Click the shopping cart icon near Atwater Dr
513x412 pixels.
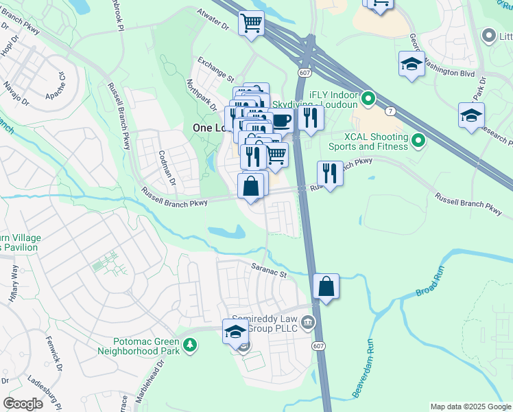pyautogui.click(x=252, y=23)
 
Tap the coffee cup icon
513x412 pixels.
pyautogui.click(x=281, y=120)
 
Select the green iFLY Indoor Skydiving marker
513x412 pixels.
pyautogui.click(x=368, y=100)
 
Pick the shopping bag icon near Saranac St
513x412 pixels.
pyautogui.click(x=327, y=286)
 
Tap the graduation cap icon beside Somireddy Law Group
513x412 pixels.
pyautogui.click(x=235, y=332)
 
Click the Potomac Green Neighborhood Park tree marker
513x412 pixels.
pyautogui.click(x=188, y=345)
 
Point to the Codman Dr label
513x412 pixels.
pyautogui.click(x=167, y=168)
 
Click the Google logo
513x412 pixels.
pyautogui.click(x=23, y=403)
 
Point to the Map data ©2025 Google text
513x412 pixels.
pyautogui.click(x=470, y=407)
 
